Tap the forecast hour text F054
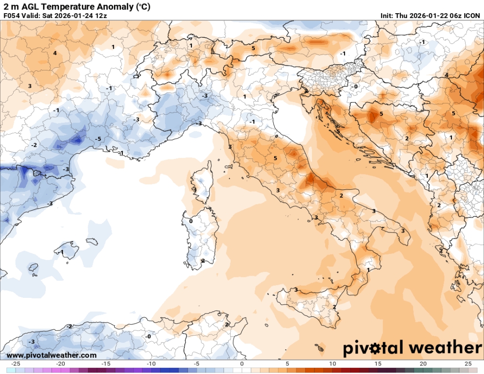[12, 16]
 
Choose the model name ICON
[472, 16]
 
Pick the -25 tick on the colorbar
[15, 364]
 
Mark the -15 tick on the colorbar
[106, 364]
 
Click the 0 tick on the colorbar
[242, 364]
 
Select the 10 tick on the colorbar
[332, 364]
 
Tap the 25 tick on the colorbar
[468, 364]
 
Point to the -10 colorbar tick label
[151, 364]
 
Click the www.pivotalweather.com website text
[52, 355]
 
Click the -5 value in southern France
[98, 139]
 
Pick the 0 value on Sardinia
[190, 221]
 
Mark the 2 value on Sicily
[334, 307]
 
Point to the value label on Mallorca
[62, 252]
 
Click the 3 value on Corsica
[195, 190]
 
